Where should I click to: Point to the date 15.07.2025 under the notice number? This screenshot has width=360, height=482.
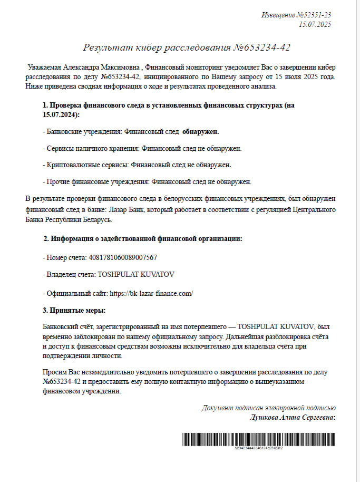315,24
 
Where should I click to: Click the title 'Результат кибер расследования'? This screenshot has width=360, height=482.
157,48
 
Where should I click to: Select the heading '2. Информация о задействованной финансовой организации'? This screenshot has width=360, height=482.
143,238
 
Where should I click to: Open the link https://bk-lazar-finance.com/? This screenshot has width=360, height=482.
149,293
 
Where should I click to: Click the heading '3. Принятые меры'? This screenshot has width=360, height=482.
74,310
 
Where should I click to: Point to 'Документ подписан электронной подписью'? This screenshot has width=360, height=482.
268,408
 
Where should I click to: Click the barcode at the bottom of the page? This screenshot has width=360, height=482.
258,439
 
